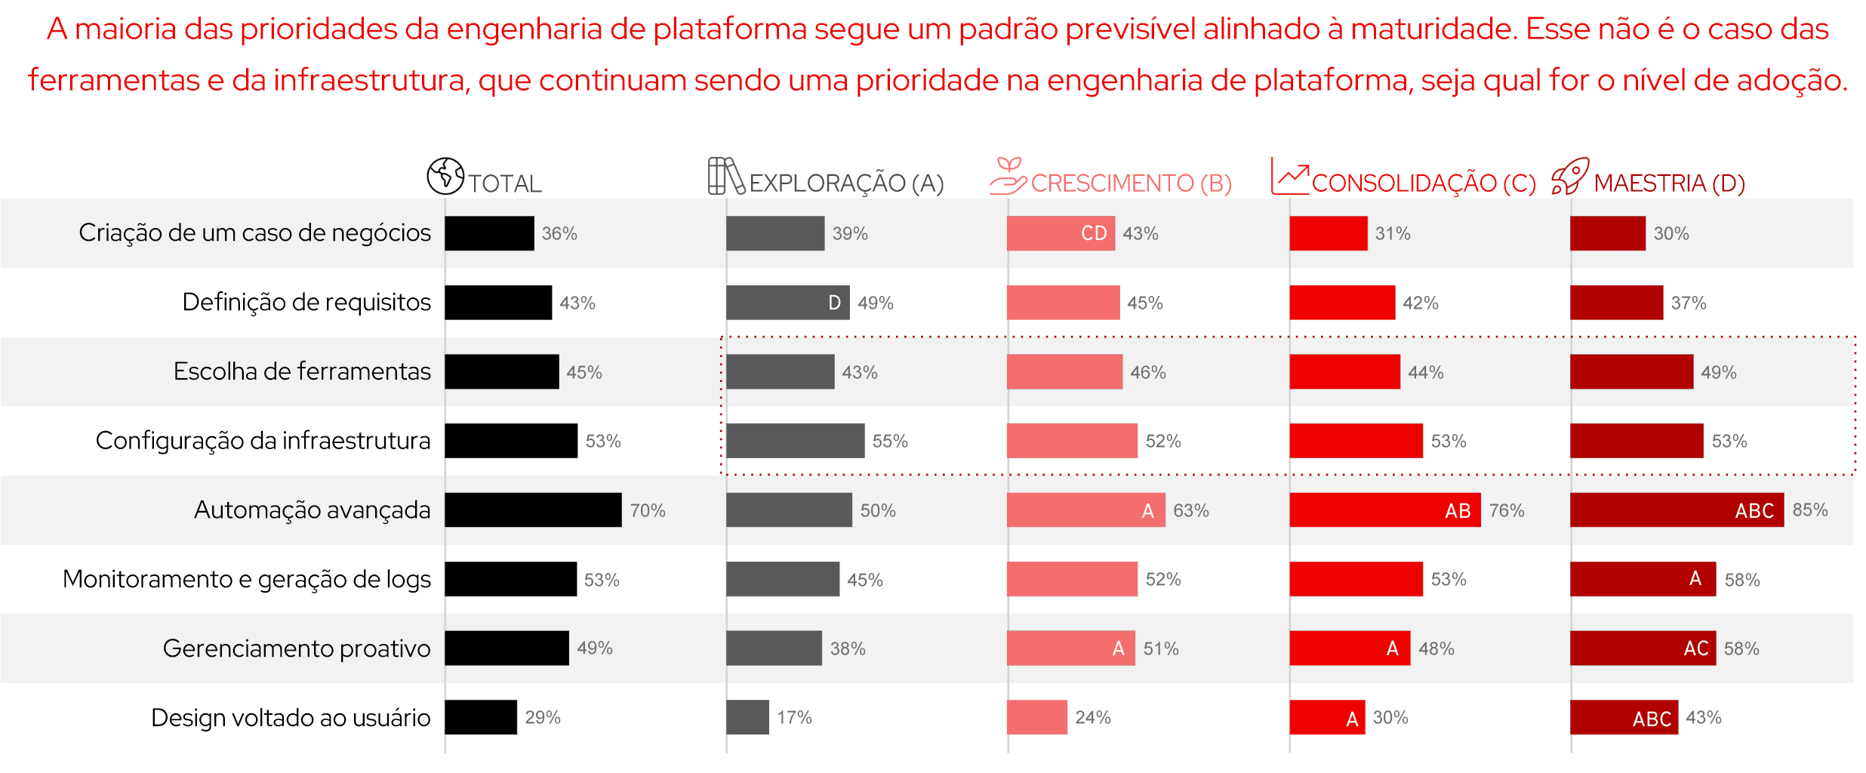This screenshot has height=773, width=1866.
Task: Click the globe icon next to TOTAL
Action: [x=445, y=176]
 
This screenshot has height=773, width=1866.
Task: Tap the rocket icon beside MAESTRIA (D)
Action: [x=1570, y=176]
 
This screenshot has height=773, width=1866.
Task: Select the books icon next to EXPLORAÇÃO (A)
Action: [x=725, y=176]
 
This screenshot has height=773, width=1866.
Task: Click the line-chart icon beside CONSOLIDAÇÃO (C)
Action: [x=1289, y=176]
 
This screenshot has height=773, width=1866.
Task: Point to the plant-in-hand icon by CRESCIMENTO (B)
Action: [x=1008, y=176]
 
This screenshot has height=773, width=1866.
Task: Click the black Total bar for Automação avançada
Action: [x=533, y=510]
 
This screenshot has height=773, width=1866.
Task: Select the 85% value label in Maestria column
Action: [x=1809, y=510]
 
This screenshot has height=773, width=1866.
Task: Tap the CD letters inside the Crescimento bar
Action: [x=1093, y=233]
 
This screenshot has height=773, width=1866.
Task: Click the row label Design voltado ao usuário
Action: [x=291, y=718]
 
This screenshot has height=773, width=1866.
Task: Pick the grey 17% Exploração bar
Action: [x=747, y=717]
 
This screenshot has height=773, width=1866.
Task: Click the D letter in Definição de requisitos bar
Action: [x=834, y=303]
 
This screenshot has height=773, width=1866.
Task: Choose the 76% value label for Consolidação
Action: [x=1506, y=511]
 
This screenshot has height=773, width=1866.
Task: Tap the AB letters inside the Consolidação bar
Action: [x=1458, y=511]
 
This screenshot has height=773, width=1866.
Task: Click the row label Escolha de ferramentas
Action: [x=302, y=371]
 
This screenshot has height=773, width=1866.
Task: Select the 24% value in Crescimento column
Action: [x=1092, y=717]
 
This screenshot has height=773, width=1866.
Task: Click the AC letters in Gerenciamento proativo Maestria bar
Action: [x=1695, y=648]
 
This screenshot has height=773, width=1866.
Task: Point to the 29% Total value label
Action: [x=542, y=717]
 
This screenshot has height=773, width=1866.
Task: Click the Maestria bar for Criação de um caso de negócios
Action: [x=1607, y=233]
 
